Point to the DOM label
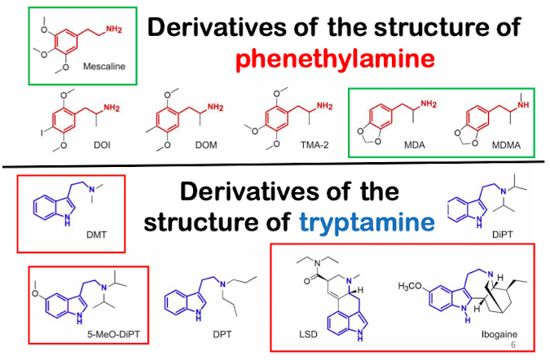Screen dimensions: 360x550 (211, 145)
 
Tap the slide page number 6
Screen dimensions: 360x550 (535, 345)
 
